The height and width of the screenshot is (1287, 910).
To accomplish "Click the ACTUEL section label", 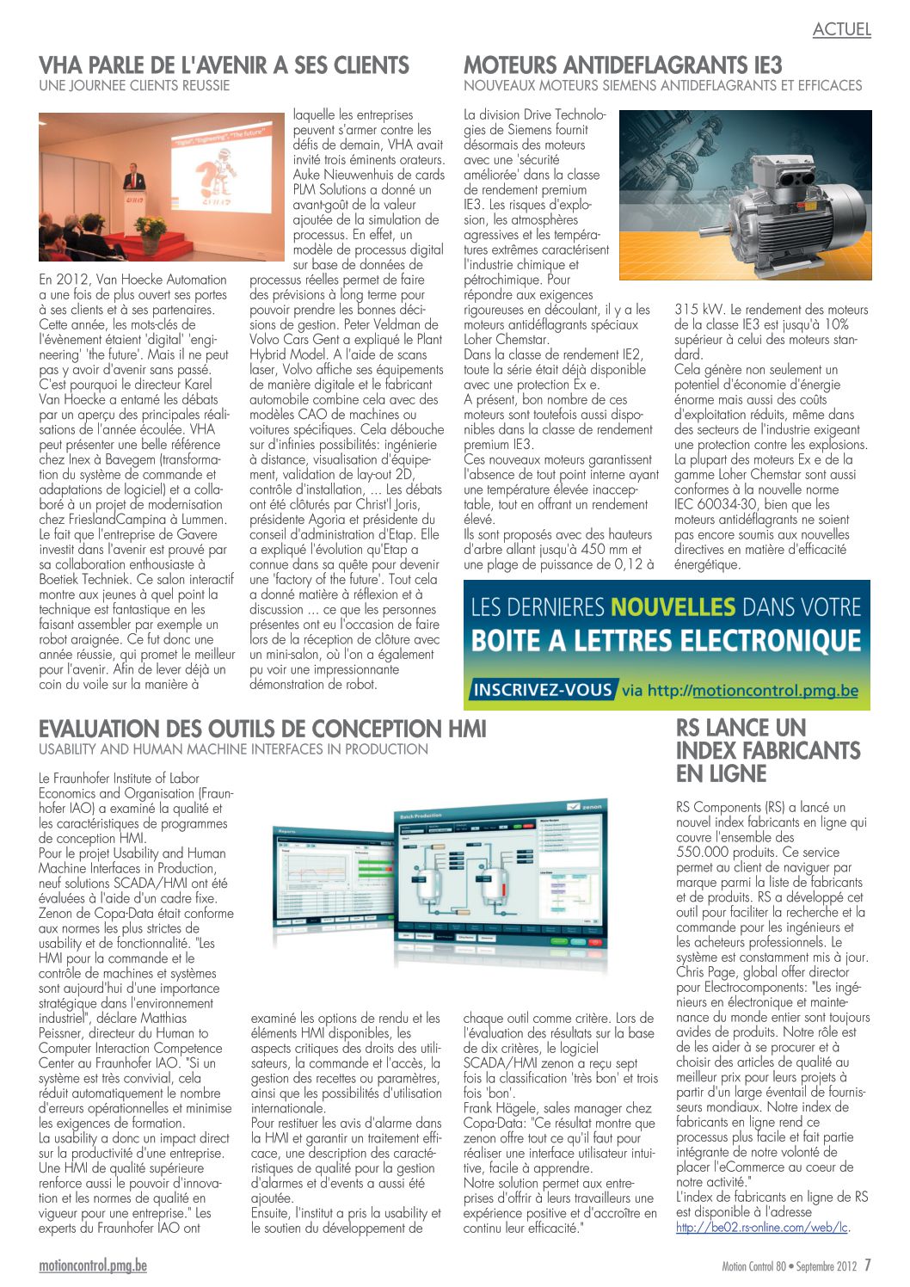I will pyautogui.click(x=841, y=29).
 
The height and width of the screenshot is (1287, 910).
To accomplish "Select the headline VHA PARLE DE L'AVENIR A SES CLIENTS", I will pyautogui.click(x=224, y=65).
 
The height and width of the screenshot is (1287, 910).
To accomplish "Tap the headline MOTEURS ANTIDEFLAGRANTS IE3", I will pyautogui.click(x=623, y=65).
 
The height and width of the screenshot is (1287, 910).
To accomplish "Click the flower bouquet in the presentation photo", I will pyautogui.click(x=152, y=230).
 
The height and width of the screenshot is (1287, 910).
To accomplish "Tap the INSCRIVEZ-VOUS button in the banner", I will pyautogui.click(x=543, y=690).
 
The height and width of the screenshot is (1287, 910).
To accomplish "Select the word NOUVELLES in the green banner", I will pyautogui.click(x=673, y=607).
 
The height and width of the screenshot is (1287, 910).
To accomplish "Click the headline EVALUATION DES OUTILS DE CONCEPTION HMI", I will pyautogui.click(x=262, y=730).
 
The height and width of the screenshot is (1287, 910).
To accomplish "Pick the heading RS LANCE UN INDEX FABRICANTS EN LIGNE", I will pyautogui.click(x=767, y=751).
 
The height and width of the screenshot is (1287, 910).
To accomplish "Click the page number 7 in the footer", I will pyautogui.click(x=868, y=1265).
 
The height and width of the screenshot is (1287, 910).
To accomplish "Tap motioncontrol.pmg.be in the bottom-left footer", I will pyautogui.click(x=93, y=1266).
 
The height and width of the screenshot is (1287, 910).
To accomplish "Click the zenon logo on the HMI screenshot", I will pyautogui.click(x=584, y=808).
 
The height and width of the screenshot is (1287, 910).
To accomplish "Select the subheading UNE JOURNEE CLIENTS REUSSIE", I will pyautogui.click(x=134, y=86).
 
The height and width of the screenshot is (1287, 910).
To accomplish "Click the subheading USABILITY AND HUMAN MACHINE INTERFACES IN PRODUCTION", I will pyautogui.click(x=233, y=749).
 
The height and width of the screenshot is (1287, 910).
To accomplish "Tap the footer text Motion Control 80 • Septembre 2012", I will pyautogui.click(x=790, y=1266).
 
